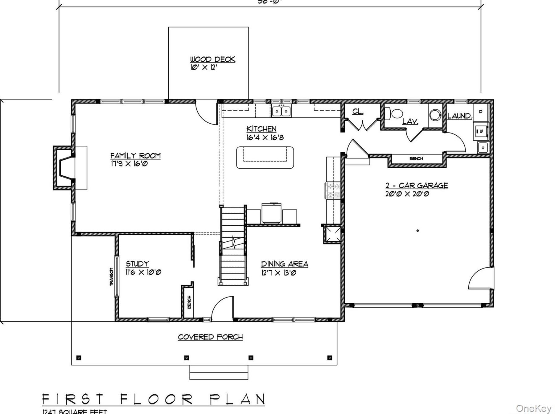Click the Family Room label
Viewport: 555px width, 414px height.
[135, 156]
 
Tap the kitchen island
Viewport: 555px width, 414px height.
[265, 157]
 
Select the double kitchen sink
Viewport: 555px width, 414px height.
[281, 111]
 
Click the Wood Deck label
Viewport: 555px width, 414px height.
[212, 59]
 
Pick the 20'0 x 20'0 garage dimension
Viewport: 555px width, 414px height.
[407, 194]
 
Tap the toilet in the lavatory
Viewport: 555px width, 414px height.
[395, 113]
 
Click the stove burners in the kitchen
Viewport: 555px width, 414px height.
[332, 191]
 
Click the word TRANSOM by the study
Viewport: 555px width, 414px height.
[112, 277]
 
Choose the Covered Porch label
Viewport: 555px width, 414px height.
[210, 337]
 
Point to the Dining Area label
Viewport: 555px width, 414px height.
[284, 264]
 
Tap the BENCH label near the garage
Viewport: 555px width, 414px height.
[416, 158]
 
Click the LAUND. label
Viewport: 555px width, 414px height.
[459, 116]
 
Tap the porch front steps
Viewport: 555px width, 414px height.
[219, 372]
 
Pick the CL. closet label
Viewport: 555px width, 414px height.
[357, 111]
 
